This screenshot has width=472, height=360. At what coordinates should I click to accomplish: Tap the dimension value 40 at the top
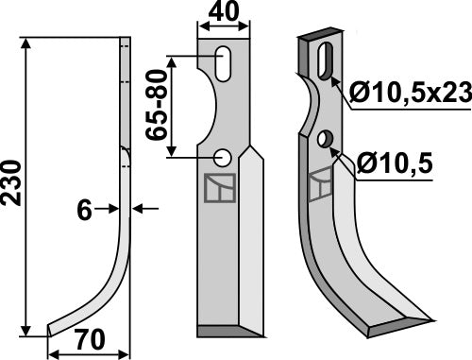click(223, 14)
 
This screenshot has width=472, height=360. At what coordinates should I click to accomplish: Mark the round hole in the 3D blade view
click(325, 140)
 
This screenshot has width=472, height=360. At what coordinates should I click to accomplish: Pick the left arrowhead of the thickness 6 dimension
click(114, 210)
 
